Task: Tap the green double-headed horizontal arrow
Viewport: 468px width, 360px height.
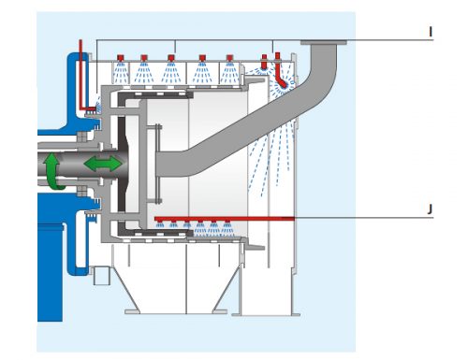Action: tap(103, 164)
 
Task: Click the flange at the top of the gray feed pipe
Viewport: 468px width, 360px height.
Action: tap(323, 43)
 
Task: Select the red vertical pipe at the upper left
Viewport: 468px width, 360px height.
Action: tap(82, 75)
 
